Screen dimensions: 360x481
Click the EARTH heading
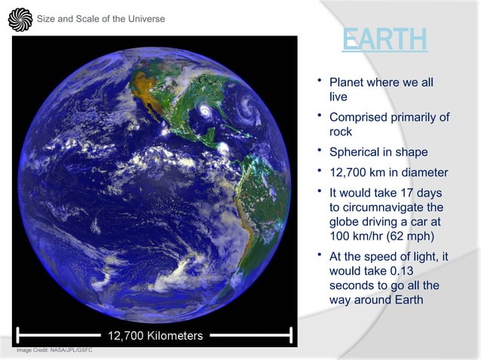[x=384, y=41]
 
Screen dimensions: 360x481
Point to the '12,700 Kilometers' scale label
[x=155, y=335]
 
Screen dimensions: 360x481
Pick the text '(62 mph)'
[x=411, y=238]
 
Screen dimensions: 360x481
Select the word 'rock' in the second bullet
[x=341, y=132]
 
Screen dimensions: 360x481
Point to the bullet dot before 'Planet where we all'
[x=320, y=79]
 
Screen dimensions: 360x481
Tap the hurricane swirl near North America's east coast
[x=204, y=114]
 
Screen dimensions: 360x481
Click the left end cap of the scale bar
[x=18, y=335]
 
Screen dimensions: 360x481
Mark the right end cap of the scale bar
[x=290, y=335]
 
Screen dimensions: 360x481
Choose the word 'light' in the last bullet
[x=429, y=257]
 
